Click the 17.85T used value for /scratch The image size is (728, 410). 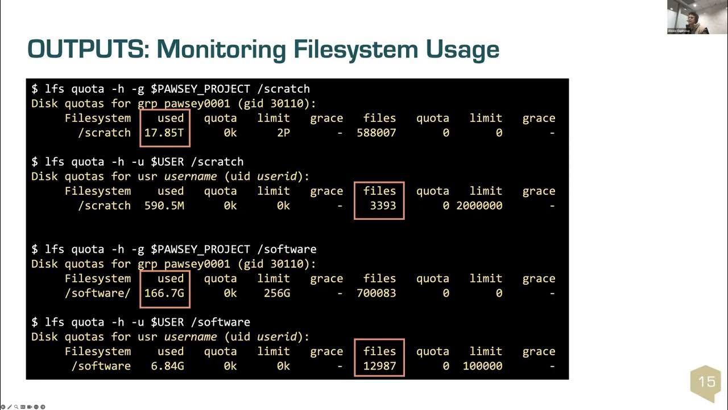(164, 133)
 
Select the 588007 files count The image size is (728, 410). (377, 133)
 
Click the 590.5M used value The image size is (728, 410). (164, 206)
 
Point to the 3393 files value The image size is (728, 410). (383, 206)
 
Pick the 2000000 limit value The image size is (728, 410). (479, 206)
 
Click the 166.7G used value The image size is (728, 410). (164, 293)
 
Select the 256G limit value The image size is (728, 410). (274, 293)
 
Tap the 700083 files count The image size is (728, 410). (377, 293)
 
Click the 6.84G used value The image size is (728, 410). (167, 366)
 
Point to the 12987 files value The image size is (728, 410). (380, 366)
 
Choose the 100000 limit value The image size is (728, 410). (482, 366)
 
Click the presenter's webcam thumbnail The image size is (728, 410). (688, 17)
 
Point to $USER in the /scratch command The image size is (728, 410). (167, 162)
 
